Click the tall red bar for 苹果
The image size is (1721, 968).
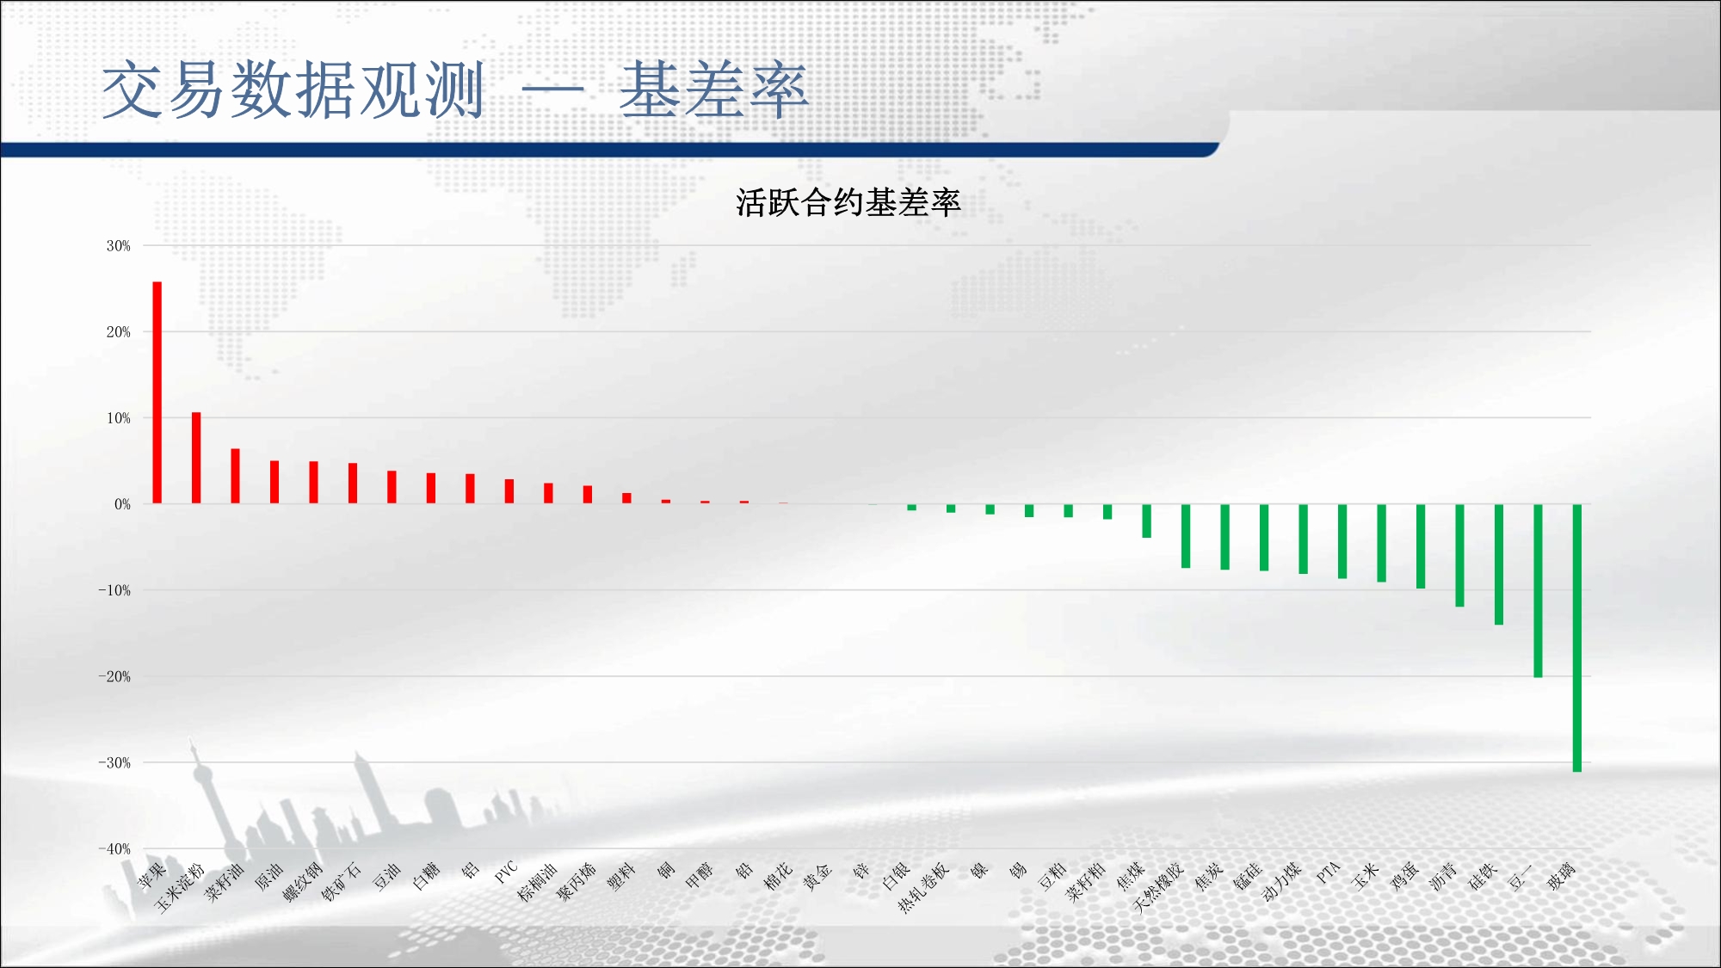(x=157, y=392)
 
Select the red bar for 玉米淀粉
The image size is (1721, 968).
(x=196, y=458)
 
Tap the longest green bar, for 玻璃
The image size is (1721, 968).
(x=1577, y=638)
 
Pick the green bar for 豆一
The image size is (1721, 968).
(x=1538, y=590)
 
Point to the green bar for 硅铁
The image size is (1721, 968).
(x=1499, y=564)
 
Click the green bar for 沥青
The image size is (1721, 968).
(x=1459, y=555)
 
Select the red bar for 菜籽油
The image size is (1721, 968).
(x=235, y=476)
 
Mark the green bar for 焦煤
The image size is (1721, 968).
(x=1146, y=521)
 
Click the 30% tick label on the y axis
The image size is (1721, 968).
(x=119, y=246)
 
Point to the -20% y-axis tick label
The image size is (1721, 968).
(x=114, y=676)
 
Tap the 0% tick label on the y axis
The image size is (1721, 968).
(x=122, y=504)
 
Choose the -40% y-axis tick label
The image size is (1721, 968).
(x=114, y=848)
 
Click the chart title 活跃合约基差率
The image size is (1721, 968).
(x=848, y=203)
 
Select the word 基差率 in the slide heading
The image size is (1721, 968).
(x=714, y=89)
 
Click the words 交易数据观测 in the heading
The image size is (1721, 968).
(x=293, y=89)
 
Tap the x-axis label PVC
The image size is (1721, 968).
(x=506, y=872)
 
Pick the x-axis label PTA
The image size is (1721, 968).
(x=1328, y=872)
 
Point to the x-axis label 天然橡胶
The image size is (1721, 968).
(x=1158, y=887)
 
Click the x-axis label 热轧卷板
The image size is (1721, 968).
(x=923, y=887)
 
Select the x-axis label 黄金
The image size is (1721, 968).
(x=817, y=877)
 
